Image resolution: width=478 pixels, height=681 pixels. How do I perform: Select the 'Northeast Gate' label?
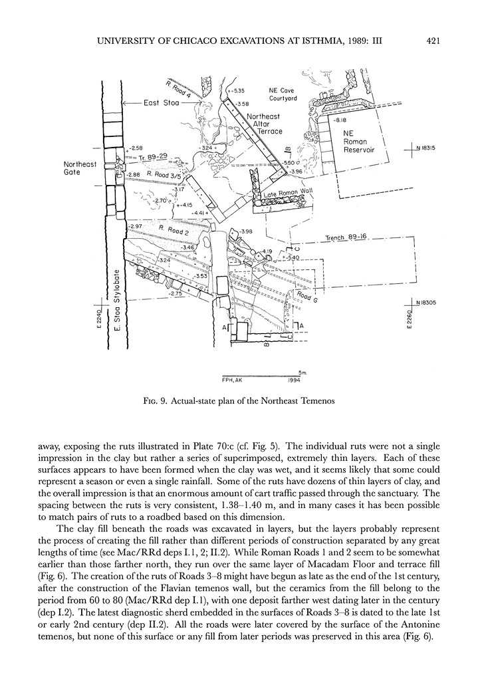80,168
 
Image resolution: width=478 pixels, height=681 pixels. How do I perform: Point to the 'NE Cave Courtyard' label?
282,94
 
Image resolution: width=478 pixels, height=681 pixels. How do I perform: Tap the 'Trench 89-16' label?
347,237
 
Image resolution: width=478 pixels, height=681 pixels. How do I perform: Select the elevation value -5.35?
237,90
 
